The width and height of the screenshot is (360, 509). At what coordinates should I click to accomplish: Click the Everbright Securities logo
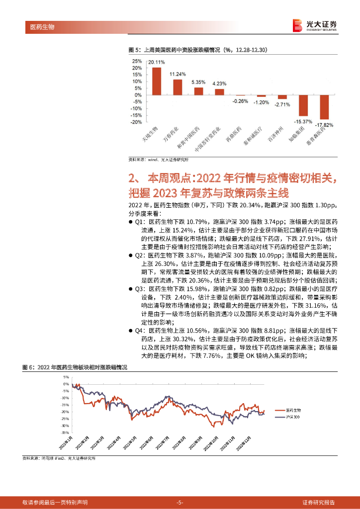[315, 25]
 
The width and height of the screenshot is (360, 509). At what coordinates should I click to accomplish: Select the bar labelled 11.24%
[178, 87]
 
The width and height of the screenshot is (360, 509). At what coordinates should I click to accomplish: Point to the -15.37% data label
[303, 121]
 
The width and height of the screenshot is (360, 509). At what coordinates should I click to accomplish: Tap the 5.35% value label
[198, 82]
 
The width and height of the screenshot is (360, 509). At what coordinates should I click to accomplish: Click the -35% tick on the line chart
[66, 432]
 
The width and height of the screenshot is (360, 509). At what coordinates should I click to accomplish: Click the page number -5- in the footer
[180, 502]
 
